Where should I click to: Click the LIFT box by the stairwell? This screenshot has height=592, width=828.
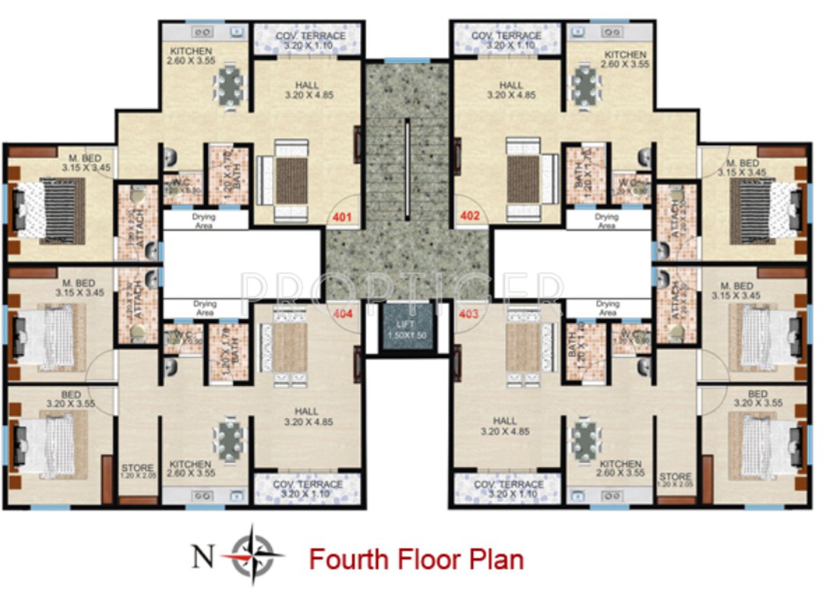point(406,329)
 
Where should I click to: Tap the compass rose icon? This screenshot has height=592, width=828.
point(252,555)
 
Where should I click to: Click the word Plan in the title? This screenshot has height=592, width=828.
point(494,559)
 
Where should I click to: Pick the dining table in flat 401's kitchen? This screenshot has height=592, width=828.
point(230,85)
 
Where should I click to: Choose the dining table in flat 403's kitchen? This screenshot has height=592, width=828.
point(584,441)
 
